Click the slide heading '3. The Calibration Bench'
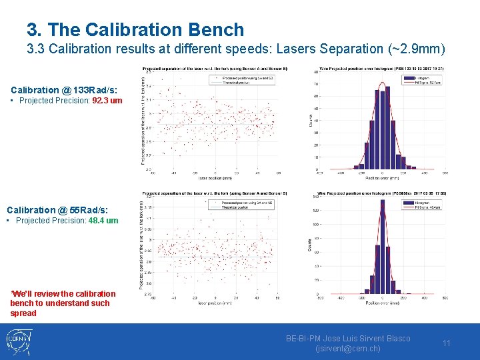pos(135,29)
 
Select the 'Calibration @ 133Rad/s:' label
pos(64,90)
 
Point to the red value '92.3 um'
pos(107,101)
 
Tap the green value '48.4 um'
pos(103,221)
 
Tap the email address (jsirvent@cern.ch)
pos(347,349)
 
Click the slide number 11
pos(447,343)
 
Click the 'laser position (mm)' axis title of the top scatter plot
pos(215,179)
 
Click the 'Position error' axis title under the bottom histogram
pos(382,303)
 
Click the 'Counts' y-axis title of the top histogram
pos(310,119)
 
